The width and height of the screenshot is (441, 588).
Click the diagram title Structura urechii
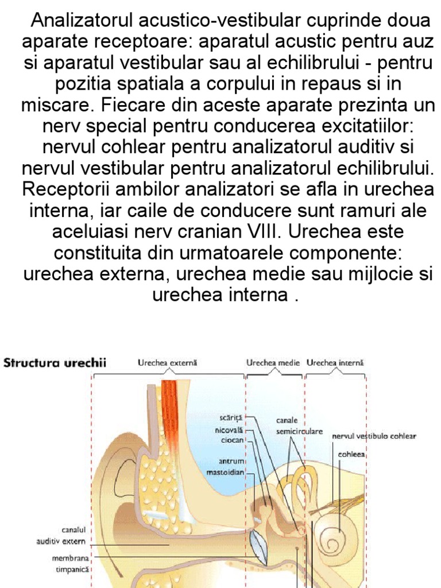(55, 363)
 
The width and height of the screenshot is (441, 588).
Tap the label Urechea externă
(168, 363)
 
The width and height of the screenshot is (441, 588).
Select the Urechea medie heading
(273, 363)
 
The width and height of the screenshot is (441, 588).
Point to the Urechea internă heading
(335, 363)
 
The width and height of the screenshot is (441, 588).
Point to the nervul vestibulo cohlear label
(374, 436)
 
